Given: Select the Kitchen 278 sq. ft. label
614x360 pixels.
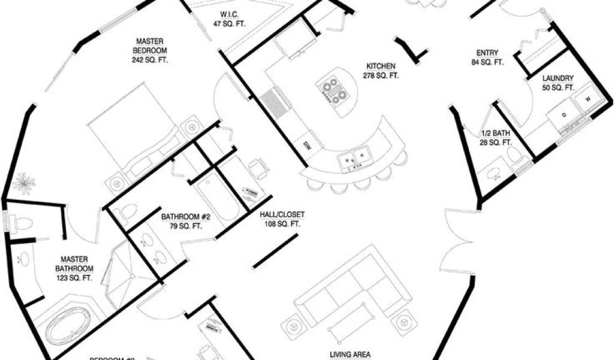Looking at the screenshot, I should (381, 70).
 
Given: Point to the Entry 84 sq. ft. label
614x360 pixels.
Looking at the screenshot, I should (487, 56).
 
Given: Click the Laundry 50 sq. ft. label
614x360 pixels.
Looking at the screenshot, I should (558, 83).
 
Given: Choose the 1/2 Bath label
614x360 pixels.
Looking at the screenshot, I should (496, 138).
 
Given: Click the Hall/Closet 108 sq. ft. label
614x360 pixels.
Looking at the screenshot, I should (282, 219).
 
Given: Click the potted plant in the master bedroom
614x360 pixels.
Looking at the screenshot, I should (23, 182).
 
